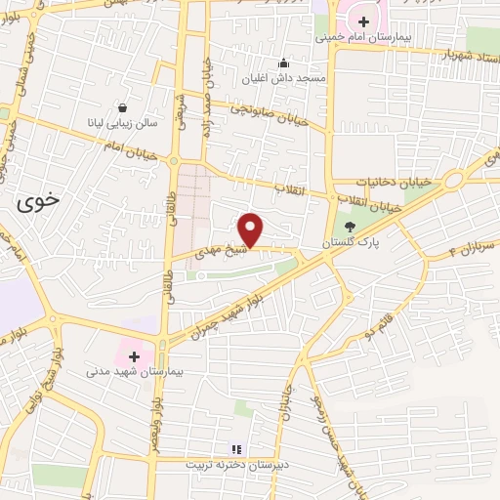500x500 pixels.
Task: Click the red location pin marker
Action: point(252,229)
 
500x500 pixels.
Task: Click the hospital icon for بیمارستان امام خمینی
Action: point(363,21)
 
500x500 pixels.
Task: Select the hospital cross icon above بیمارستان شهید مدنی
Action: point(135,356)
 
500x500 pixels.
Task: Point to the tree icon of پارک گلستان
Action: point(351,227)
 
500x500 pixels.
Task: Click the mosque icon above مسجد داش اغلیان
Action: point(283,63)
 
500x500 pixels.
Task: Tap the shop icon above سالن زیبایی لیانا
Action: point(122,107)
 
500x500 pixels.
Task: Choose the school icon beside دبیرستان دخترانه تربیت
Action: point(246,449)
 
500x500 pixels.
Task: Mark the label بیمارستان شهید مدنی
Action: point(136,372)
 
